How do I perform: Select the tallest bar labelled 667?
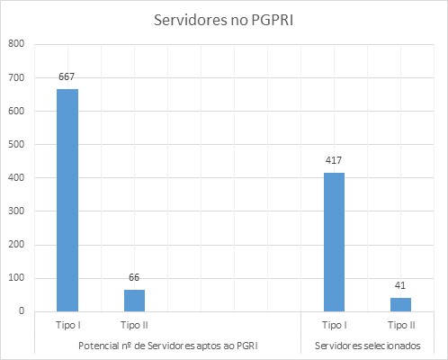pos(67,200)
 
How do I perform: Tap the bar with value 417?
pos(334,241)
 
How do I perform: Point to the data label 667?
pos(67,77)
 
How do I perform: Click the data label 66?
pos(134,278)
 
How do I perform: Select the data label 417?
pos(334,161)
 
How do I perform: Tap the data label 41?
pos(400,286)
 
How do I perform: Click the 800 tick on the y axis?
pos(16,44)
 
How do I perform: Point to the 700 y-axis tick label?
pos(16,77)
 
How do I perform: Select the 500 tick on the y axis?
pos(16,144)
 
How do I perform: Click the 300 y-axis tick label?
pos(16,211)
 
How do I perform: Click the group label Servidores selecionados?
pos(367,346)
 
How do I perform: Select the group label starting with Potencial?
pos(167,346)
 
